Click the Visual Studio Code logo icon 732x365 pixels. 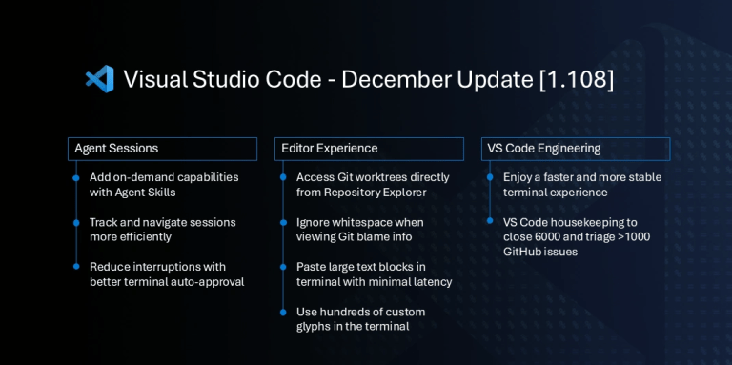pyautogui.click(x=99, y=79)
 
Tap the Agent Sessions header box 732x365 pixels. pyautogui.click(x=163, y=149)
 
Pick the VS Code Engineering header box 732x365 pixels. pyautogui.click(x=576, y=149)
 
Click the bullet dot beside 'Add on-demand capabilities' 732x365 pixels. pyautogui.click(x=76, y=177)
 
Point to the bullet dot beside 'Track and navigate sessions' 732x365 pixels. pyautogui.click(x=76, y=222)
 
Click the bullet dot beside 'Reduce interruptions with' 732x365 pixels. pyautogui.click(x=76, y=267)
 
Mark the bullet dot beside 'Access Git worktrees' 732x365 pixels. pyautogui.click(x=283, y=177)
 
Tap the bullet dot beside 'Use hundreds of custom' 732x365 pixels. pyautogui.click(x=283, y=312)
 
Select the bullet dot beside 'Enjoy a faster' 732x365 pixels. pyautogui.click(x=490, y=177)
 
